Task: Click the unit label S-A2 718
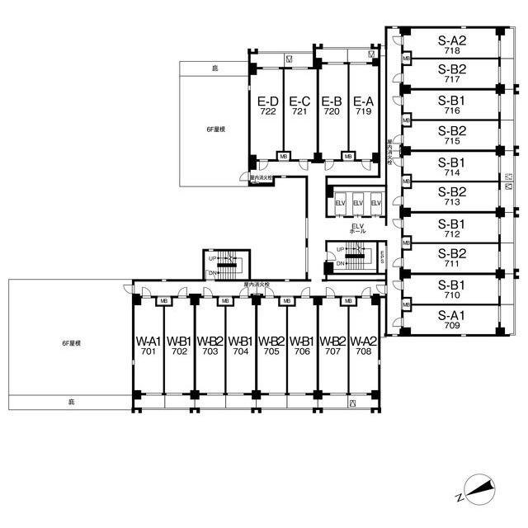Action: [452, 44]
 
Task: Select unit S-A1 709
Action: [452, 318]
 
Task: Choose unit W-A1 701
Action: [148, 346]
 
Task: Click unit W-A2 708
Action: [364, 346]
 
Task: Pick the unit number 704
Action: [240, 351]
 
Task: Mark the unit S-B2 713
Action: [452, 196]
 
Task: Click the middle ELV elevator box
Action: [358, 204]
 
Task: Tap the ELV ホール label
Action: [358, 229]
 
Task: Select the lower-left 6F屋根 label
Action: [71, 342]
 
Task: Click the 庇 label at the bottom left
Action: [71, 402]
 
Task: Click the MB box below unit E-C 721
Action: [283, 155]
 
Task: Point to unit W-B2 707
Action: [332, 346]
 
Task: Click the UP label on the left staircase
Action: [212, 259]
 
